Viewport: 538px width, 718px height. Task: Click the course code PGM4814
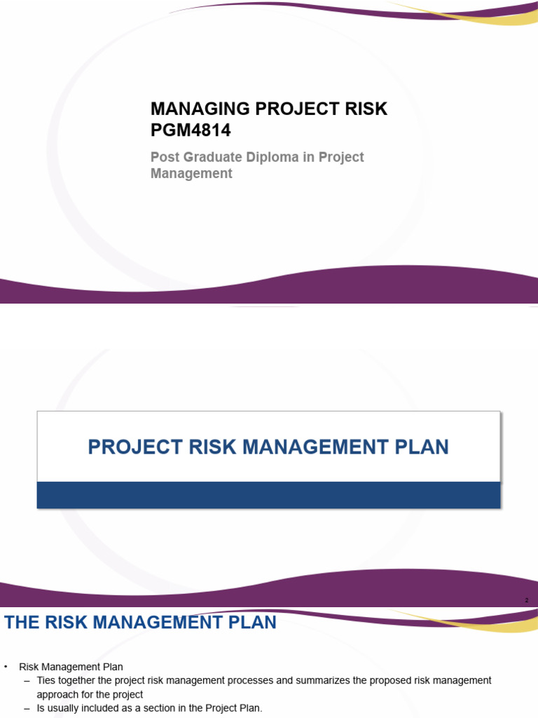pyautogui.click(x=190, y=130)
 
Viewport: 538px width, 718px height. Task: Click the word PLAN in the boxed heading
pyautogui.click(x=420, y=447)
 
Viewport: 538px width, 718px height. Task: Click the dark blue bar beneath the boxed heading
pyautogui.click(x=268, y=494)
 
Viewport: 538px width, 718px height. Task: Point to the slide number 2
pyautogui.click(x=526, y=601)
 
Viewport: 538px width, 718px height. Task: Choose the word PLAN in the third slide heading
pyautogui.click(x=251, y=622)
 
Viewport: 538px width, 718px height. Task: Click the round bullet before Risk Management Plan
pyautogui.click(x=6, y=667)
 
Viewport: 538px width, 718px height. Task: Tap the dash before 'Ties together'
pyautogui.click(x=27, y=681)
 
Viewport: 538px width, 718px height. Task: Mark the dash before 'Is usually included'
pyautogui.click(x=27, y=709)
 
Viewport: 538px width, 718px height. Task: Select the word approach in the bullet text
pyautogui.click(x=55, y=695)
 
